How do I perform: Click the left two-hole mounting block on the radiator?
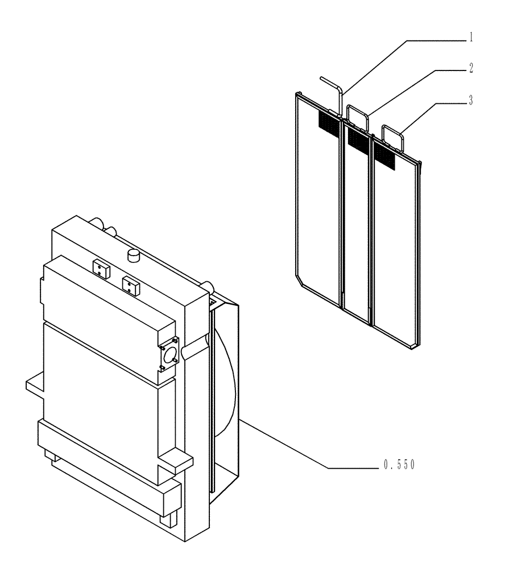click(101, 268)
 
